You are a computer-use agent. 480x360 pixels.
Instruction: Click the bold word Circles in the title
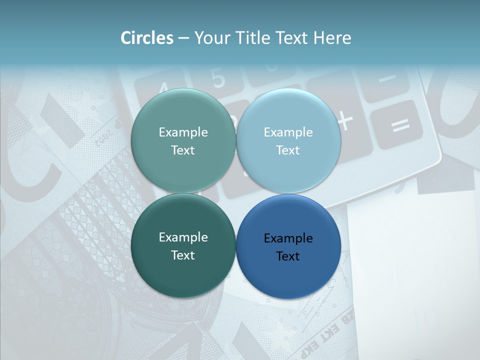tap(146, 38)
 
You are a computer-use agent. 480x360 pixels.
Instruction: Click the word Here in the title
tap(332, 38)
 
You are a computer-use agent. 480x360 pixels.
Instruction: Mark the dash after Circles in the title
tap(183, 38)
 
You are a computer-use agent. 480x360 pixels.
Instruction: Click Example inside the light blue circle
tap(288, 132)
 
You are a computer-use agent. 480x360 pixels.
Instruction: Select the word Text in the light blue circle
tap(288, 150)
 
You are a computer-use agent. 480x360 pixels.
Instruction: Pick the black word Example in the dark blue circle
tap(288, 238)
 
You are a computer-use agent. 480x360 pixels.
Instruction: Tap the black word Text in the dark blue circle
tap(288, 256)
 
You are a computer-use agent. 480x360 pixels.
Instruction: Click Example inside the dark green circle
tap(183, 237)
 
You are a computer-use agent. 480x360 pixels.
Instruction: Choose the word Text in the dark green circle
tap(183, 255)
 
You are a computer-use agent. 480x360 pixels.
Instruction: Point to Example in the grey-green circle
tap(183, 132)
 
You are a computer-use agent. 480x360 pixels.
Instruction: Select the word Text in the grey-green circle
tap(183, 150)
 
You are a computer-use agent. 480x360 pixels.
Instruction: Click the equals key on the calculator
tap(400, 125)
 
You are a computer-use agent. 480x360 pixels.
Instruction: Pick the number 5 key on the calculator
tap(218, 78)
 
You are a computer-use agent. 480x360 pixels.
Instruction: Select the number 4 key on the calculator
tap(162, 90)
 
